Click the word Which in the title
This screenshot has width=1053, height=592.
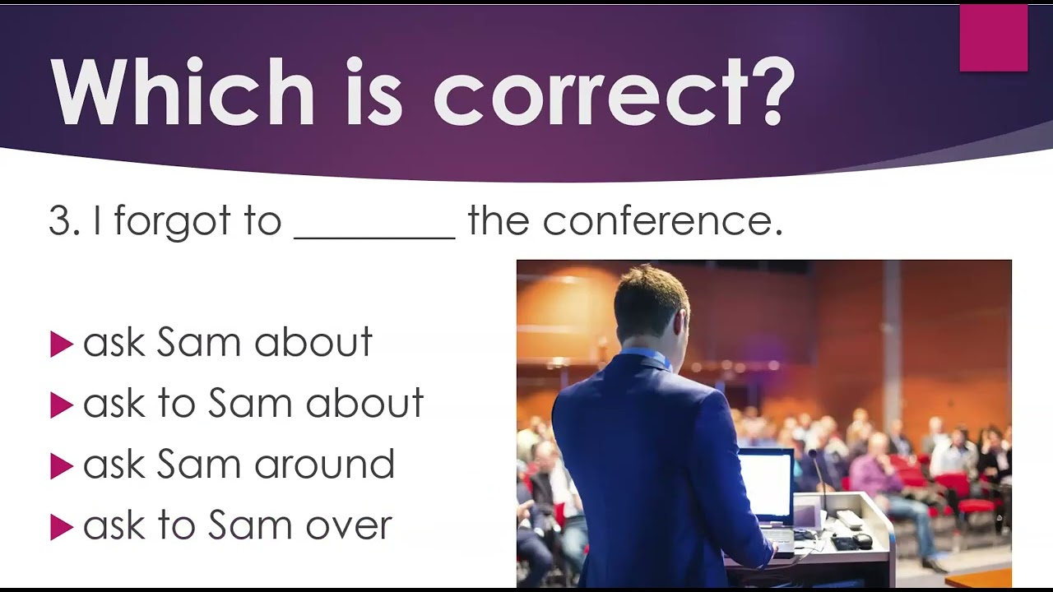click(183, 91)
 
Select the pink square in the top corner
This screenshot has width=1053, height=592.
click(994, 38)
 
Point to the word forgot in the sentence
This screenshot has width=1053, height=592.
click(172, 221)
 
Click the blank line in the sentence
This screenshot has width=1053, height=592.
click(374, 238)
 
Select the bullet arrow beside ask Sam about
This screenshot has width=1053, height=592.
click(62, 345)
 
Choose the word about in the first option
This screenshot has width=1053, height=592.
click(313, 341)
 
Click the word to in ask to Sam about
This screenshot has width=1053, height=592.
click(177, 404)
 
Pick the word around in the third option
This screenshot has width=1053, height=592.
click(324, 463)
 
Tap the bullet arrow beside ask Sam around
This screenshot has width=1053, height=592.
click(62, 466)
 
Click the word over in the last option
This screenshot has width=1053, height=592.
click(350, 525)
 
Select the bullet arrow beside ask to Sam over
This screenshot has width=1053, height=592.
click(62, 527)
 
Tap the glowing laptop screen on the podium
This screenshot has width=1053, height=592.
click(766, 485)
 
